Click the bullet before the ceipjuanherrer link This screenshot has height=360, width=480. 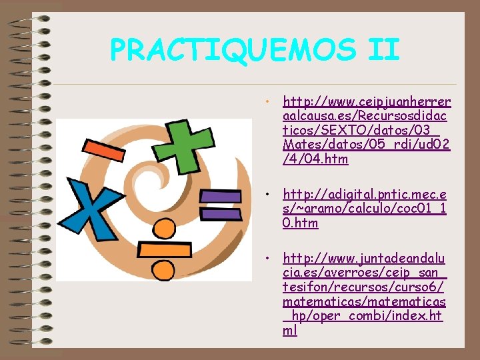click(266, 103)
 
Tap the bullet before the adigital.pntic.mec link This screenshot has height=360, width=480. click(266, 195)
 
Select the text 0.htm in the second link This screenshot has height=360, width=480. click(301, 223)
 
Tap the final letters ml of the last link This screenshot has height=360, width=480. click(290, 331)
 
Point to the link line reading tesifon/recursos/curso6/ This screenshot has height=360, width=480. click(363, 287)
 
